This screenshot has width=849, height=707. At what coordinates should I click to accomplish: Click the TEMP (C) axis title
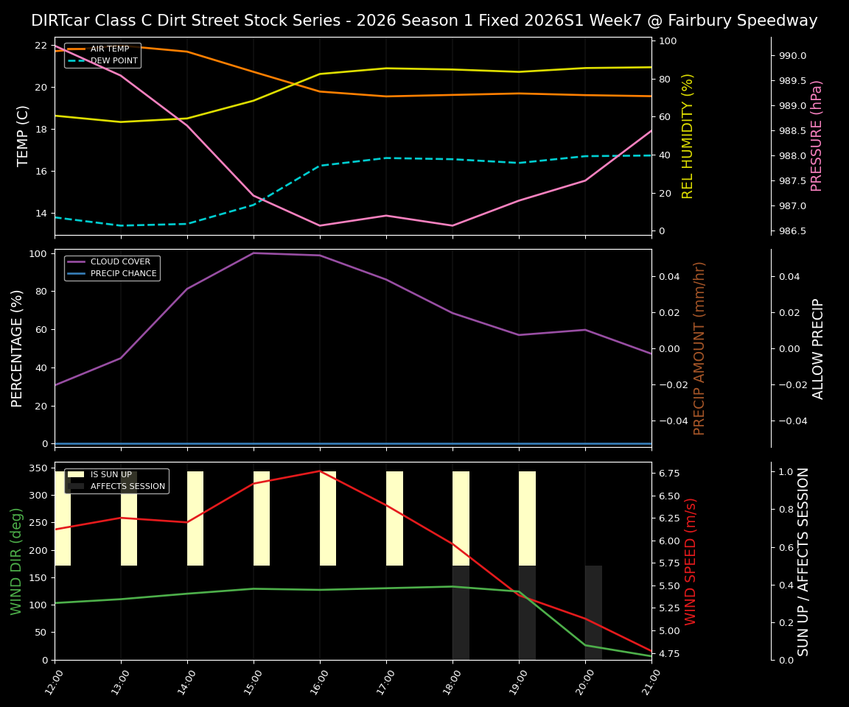pyautogui.click(x=24, y=136)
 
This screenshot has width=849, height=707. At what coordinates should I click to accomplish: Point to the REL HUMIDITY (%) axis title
pyautogui.click(x=688, y=136)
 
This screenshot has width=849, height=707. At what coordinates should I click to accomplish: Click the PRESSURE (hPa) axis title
pyautogui.click(x=817, y=136)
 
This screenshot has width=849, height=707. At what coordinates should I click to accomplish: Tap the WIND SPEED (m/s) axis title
pyautogui.click(x=691, y=561)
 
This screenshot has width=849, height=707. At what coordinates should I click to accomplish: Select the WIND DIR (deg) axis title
pyautogui.click(x=16, y=561)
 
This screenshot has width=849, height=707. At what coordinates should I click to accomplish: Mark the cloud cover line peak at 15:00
pyautogui.click(x=254, y=253)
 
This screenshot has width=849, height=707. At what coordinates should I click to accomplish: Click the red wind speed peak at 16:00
pyautogui.click(x=320, y=471)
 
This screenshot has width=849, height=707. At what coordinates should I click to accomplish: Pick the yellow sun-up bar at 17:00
pyautogui.click(x=394, y=518)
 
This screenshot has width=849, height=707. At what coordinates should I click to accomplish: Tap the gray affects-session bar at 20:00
pyautogui.click(x=593, y=613)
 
